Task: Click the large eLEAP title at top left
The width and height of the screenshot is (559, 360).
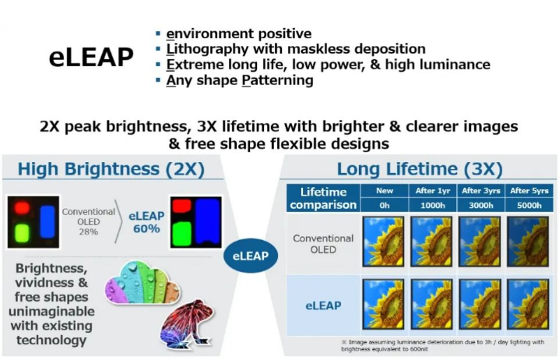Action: point(91,57)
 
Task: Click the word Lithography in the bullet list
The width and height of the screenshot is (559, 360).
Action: point(207,49)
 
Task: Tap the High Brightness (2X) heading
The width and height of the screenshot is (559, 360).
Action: point(111,169)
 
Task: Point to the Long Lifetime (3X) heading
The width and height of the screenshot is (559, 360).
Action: point(420,169)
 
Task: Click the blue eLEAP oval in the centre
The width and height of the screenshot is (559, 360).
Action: point(251,256)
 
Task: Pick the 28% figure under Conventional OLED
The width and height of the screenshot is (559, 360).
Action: point(89,232)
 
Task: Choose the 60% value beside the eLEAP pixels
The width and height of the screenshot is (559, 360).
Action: point(146,229)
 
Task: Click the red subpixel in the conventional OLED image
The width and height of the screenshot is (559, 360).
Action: point(22,208)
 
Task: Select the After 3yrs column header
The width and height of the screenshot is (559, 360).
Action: point(481,191)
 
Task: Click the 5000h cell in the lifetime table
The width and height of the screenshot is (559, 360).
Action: point(529,205)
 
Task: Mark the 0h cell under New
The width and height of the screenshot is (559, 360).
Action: point(385,205)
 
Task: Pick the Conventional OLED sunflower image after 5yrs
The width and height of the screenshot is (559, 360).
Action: point(528,242)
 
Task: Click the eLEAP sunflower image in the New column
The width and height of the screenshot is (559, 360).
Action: point(383,305)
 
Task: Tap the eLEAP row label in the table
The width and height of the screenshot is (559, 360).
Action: point(323,305)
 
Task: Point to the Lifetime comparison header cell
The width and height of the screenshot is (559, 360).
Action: point(323,199)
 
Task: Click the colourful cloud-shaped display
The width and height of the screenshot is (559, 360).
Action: point(142,283)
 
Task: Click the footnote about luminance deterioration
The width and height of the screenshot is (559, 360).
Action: point(442,345)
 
